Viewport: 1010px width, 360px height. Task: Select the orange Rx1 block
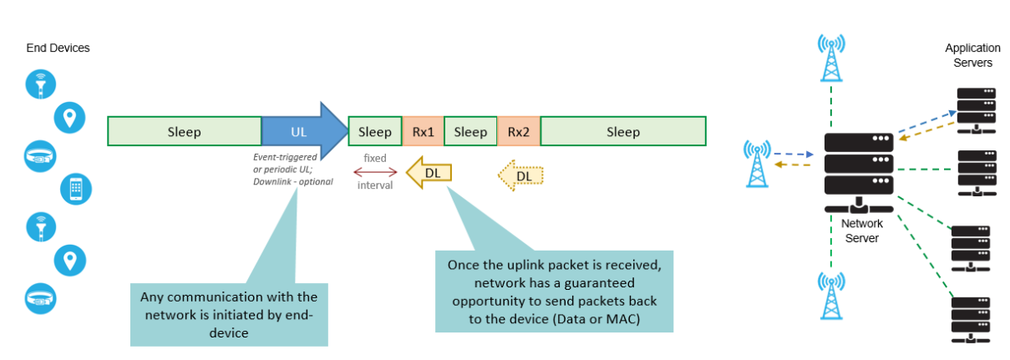[423, 132]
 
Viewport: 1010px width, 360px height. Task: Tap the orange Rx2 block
[518, 132]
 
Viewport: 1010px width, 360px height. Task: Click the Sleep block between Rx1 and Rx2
[470, 132]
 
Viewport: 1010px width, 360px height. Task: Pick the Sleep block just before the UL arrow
[184, 132]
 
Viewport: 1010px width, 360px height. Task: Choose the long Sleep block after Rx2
[622, 132]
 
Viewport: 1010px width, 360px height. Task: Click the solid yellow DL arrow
[429, 173]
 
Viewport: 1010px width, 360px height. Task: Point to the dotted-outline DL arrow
[521, 175]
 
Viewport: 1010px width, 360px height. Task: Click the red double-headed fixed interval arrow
[374, 172]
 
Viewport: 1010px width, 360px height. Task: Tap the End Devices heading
[58, 48]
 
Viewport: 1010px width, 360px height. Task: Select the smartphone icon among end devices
[75, 190]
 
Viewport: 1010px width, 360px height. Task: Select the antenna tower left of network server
[756, 164]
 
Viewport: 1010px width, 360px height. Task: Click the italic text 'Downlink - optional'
[292, 181]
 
